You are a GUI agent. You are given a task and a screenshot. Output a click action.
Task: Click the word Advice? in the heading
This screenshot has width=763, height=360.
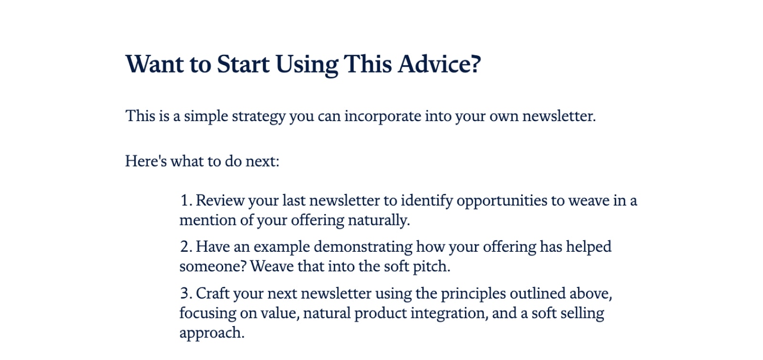(x=439, y=64)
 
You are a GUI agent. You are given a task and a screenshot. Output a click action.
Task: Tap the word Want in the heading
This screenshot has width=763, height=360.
(x=155, y=64)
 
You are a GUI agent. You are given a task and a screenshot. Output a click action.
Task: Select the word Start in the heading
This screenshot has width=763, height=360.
(x=243, y=64)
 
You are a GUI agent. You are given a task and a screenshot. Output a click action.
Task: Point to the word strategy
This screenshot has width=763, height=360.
(x=258, y=116)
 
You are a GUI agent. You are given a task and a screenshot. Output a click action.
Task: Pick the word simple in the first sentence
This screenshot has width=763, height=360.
(x=206, y=116)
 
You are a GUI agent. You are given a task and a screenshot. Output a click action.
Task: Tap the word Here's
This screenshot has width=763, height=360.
(x=146, y=161)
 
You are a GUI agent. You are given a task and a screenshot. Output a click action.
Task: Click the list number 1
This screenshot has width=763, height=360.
(x=186, y=200)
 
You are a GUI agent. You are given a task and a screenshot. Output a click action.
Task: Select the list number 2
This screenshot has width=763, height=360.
(x=186, y=247)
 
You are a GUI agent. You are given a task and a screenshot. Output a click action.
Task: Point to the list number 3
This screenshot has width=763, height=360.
(x=186, y=293)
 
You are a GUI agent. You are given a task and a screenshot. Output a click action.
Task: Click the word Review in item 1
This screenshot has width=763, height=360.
(x=220, y=200)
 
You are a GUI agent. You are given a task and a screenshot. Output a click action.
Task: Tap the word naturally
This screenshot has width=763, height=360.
(x=379, y=220)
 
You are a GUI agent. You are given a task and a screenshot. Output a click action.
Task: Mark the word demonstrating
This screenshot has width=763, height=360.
(x=363, y=247)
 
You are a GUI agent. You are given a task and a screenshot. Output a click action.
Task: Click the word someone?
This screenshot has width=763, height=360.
(x=213, y=267)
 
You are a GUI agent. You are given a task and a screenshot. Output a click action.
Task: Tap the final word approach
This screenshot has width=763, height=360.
(x=212, y=333)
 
